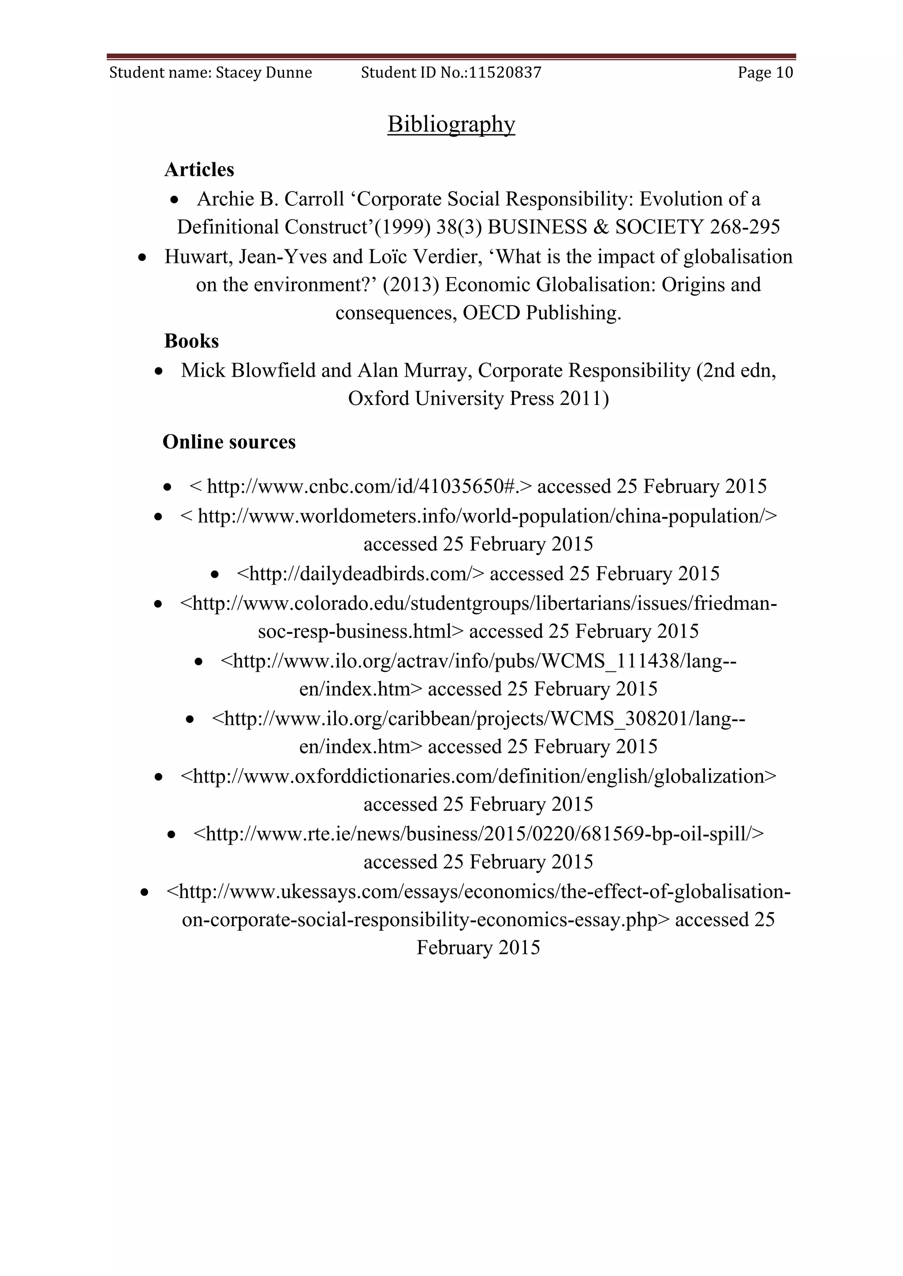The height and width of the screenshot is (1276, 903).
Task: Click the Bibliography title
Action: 451,124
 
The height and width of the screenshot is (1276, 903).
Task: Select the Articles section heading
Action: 199,170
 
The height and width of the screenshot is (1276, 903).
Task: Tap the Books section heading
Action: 191,341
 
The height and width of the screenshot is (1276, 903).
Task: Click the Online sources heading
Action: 229,442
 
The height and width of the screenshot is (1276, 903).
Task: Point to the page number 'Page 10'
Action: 765,73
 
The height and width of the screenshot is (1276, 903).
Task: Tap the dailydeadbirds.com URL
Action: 360,574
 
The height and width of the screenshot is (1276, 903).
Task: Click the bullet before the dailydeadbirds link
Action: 215,575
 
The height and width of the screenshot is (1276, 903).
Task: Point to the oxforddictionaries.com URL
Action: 478,776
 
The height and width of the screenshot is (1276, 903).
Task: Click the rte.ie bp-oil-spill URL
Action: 478,834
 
